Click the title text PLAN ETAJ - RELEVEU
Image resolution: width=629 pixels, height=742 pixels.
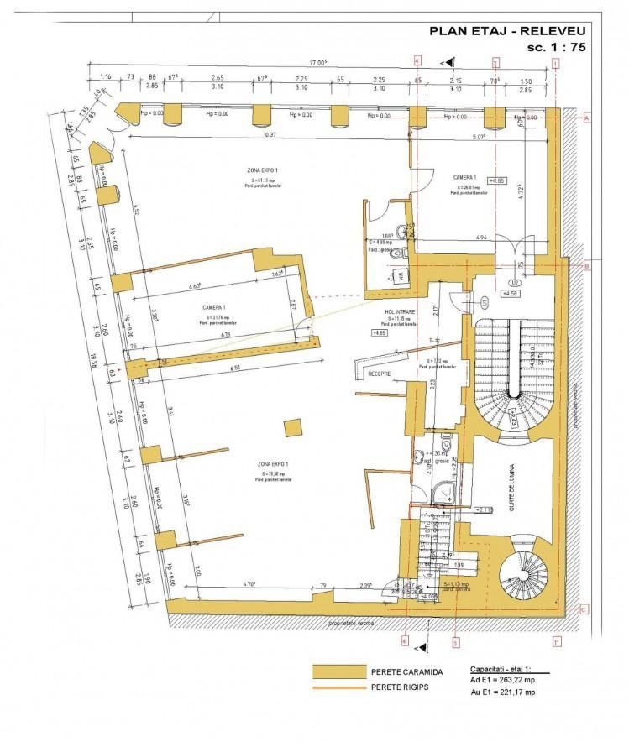pyautogui.click(x=506, y=31)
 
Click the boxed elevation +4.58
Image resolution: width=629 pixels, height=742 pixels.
pyautogui.click(x=511, y=294)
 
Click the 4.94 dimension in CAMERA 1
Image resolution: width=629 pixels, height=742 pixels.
pyautogui.click(x=459, y=239)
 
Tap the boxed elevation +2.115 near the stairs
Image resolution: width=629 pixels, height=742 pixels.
pyautogui.click(x=484, y=509)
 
